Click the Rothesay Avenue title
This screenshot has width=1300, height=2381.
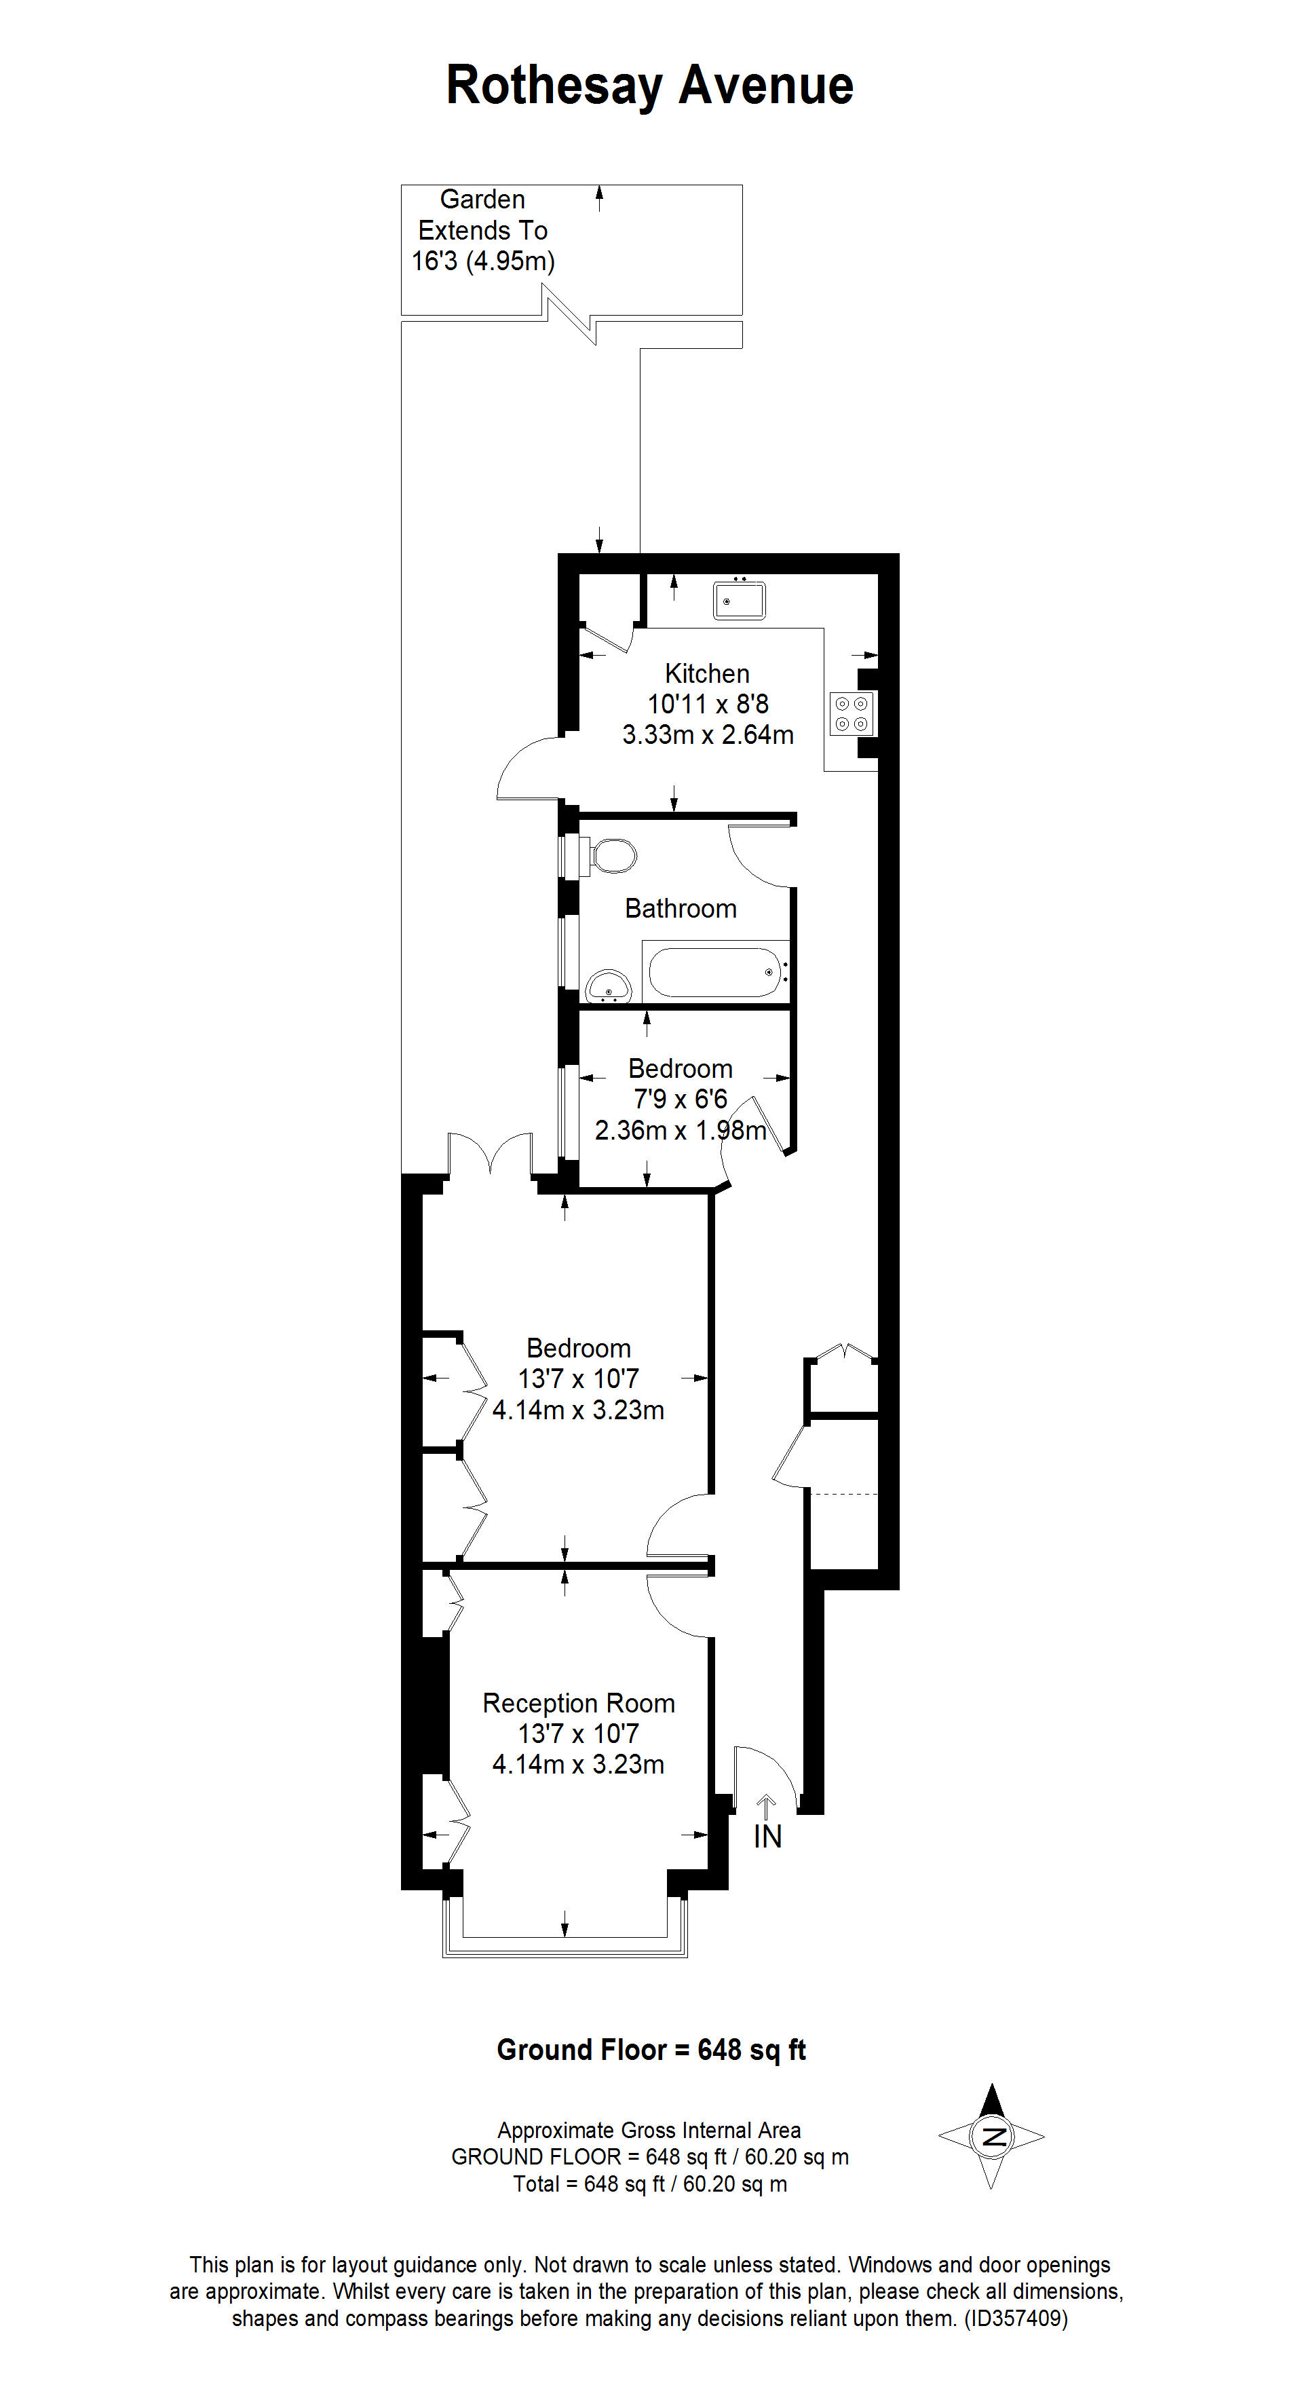(x=649, y=86)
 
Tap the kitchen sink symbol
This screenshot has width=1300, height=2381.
(x=738, y=601)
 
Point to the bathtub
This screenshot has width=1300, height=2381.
(x=716, y=971)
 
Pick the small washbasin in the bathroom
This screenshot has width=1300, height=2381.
(x=608, y=986)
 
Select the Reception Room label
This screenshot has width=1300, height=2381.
(x=578, y=1702)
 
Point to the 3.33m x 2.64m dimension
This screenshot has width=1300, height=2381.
(x=707, y=735)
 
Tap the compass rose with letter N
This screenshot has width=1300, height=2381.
(x=991, y=2136)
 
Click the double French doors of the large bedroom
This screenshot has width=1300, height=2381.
(x=491, y=1157)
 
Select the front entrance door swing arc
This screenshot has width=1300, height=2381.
(x=767, y=1773)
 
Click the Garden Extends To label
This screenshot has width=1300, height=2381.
(x=482, y=229)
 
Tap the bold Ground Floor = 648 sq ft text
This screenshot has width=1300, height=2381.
(x=651, y=2050)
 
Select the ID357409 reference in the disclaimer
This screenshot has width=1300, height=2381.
(x=1016, y=2318)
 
